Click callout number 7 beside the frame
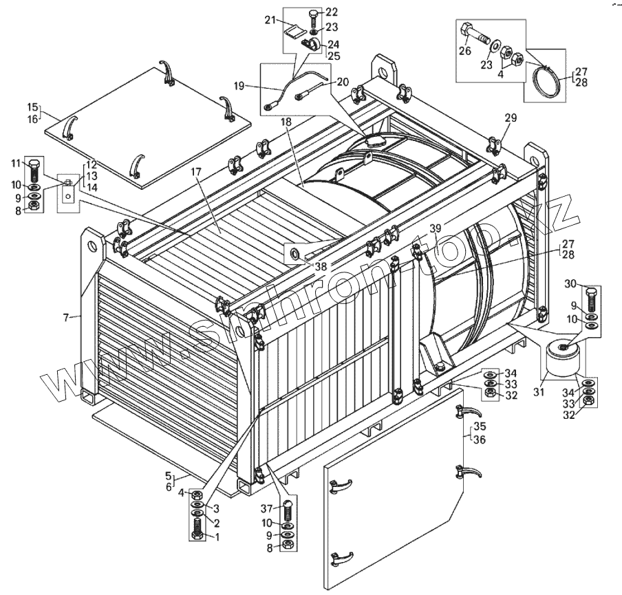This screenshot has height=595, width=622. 67,317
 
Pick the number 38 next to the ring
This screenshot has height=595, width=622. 321,266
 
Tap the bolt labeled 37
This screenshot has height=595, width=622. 290,512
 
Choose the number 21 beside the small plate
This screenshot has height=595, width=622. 271,20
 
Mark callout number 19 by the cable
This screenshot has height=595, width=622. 239,86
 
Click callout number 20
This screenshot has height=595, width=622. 343,82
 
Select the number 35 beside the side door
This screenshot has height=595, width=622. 480,426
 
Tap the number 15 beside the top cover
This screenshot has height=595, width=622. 32,107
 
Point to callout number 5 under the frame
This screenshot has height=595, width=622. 167,475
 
